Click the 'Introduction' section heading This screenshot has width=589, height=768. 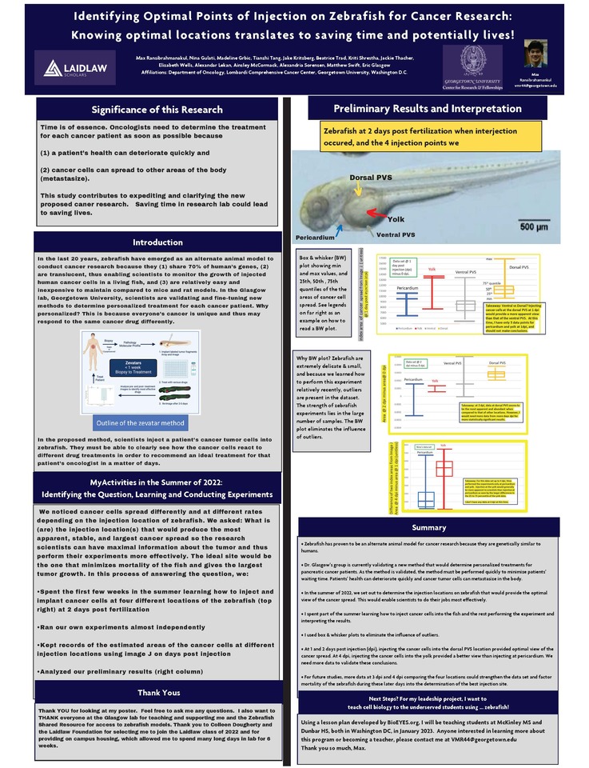tap(157, 242)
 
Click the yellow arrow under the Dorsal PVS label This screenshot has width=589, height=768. tap(359, 187)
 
